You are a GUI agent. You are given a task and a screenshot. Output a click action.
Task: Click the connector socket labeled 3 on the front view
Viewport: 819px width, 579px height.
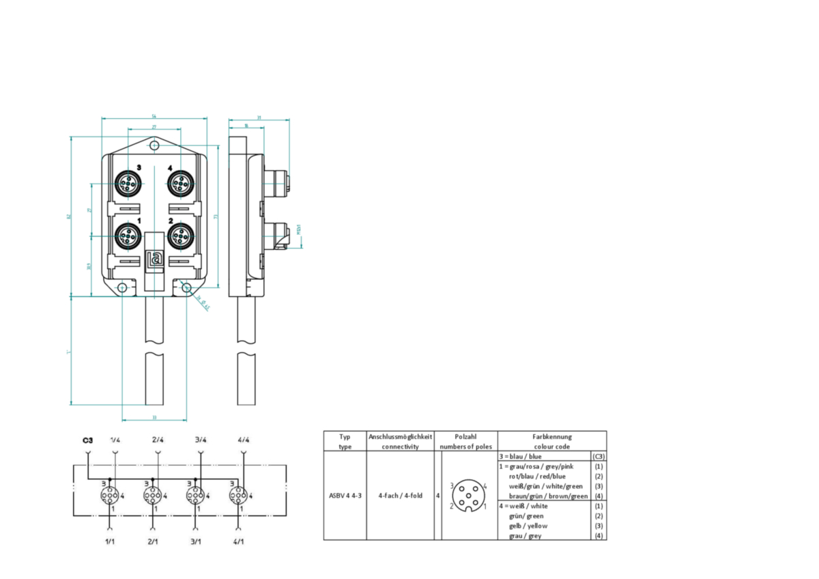127,183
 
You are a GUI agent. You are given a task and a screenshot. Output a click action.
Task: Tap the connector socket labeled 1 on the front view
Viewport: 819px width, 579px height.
127,236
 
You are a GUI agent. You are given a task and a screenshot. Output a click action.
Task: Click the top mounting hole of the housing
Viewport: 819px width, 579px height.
155,145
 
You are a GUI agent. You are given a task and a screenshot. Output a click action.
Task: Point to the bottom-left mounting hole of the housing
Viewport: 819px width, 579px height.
121,288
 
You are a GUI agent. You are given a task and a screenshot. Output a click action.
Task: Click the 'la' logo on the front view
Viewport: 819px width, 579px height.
155,259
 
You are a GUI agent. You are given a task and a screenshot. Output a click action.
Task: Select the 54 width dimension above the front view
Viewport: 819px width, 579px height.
154,117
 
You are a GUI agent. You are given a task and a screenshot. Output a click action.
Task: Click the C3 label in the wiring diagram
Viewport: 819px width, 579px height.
87,440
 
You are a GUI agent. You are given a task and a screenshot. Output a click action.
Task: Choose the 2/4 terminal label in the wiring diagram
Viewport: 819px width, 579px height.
158,440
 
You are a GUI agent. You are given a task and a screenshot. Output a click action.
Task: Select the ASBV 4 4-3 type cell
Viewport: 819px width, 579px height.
345,496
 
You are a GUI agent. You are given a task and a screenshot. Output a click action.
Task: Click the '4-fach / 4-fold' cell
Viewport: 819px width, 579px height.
400,496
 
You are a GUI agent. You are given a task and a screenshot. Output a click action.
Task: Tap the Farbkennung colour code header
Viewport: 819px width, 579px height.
552,441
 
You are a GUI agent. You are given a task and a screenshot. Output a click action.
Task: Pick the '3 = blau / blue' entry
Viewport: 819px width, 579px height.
521,456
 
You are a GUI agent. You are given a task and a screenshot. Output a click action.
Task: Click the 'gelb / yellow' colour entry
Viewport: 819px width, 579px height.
528,526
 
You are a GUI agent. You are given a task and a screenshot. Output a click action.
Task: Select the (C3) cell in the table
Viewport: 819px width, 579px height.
599,456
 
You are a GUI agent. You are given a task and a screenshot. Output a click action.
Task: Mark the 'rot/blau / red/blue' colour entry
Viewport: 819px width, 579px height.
537,476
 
